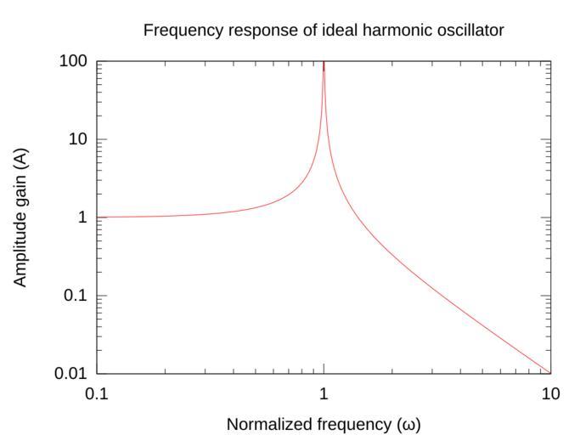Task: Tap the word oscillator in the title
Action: click(470, 31)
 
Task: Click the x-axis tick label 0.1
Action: click(97, 393)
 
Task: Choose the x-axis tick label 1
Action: click(324, 393)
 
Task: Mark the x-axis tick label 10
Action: click(550, 393)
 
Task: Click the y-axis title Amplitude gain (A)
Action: click(20, 217)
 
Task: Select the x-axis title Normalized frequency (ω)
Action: click(324, 423)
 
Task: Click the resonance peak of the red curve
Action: click(324, 64)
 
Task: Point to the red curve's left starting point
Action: click(98, 217)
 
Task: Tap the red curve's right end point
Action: click(550, 373)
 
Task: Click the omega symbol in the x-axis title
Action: click(409, 423)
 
